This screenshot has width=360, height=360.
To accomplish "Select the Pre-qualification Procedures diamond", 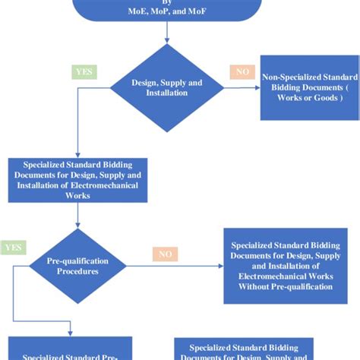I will pyautogui.click(x=78, y=266).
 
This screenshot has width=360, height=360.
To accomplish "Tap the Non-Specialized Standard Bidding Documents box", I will pyautogui.click(x=308, y=87).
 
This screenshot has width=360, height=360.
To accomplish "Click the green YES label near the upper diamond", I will pyautogui.click(x=83, y=72).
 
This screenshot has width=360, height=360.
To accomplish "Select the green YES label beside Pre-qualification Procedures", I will pyautogui.click(x=13, y=248).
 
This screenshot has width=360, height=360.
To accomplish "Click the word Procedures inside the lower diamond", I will pyautogui.click(x=78, y=271).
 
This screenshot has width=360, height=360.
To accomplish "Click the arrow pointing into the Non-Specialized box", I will pyautogui.click(x=254, y=87).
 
